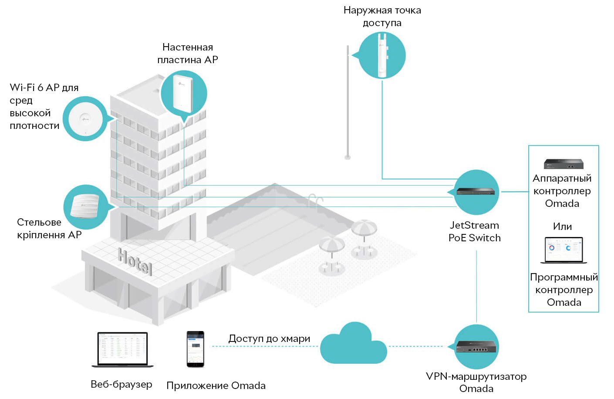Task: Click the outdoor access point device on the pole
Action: click(x=383, y=55)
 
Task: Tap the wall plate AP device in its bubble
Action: click(x=183, y=94)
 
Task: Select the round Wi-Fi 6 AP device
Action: click(x=85, y=119)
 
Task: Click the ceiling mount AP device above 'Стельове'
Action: click(x=85, y=206)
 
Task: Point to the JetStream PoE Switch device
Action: click(x=476, y=191)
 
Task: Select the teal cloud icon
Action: click(x=354, y=344)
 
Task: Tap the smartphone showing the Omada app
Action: click(x=196, y=349)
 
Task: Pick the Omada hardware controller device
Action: click(x=563, y=164)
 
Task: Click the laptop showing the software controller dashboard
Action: click(x=563, y=250)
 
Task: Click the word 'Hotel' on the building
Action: click(x=135, y=261)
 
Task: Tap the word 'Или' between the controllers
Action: click(x=562, y=227)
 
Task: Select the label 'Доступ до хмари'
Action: click(x=269, y=338)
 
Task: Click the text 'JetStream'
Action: click(x=475, y=225)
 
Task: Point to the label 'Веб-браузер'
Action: click(x=121, y=384)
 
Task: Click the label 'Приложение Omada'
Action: click(x=216, y=385)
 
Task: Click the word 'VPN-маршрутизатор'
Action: click(x=476, y=376)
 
